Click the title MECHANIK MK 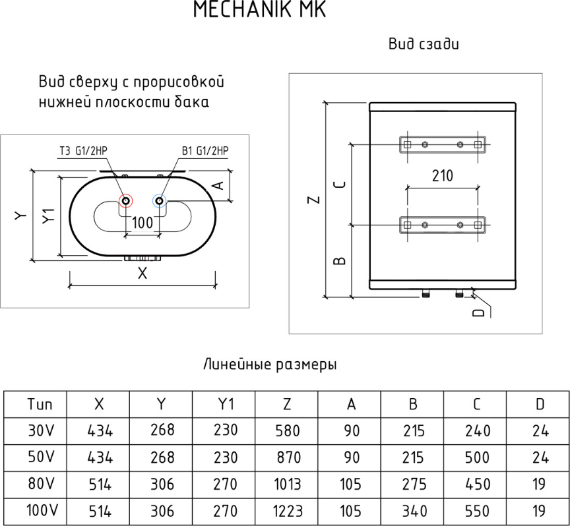(x=259, y=9)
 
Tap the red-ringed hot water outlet (x=126, y=200)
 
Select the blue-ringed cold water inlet (x=159, y=200)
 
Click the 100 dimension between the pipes (x=142, y=223)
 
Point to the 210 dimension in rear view (x=443, y=176)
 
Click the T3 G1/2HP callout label (x=84, y=151)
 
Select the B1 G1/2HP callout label (x=205, y=151)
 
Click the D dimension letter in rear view (x=479, y=312)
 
